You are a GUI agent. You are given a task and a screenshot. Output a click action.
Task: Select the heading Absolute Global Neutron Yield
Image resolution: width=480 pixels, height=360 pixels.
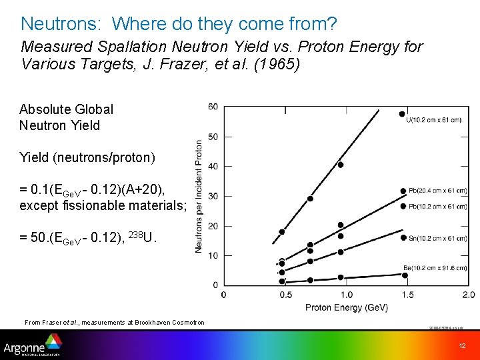click(66, 117)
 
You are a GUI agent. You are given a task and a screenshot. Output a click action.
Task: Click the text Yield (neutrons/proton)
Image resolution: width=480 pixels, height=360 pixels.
click(87, 157)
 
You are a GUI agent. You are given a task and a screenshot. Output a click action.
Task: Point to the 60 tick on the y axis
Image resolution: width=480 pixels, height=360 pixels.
click(213, 107)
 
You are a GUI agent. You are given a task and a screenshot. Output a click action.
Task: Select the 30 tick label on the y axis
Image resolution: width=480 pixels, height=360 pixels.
click(213, 196)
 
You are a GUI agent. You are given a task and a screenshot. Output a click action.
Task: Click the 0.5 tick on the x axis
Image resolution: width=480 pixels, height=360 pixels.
click(285, 295)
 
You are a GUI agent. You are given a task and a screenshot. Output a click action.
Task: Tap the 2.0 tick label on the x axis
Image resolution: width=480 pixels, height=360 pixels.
click(468, 295)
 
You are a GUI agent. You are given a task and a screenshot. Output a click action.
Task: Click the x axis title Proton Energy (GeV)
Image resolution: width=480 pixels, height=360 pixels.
click(347, 307)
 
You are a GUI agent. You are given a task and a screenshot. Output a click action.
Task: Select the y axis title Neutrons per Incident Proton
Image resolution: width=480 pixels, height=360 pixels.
click(199, 196)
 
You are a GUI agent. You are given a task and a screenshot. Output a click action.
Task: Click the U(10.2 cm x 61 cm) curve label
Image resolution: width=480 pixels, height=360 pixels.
click(433, 120)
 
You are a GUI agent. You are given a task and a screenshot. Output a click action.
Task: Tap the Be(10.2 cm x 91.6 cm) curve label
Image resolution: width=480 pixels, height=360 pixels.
click(435, 268)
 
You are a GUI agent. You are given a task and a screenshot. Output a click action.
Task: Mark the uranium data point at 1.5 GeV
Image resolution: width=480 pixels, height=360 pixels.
click(402, 114)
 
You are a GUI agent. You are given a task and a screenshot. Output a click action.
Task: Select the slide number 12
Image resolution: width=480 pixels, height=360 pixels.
click(462, 346)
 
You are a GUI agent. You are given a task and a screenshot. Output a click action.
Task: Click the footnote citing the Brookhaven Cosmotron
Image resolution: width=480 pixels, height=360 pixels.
click(115, 323)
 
